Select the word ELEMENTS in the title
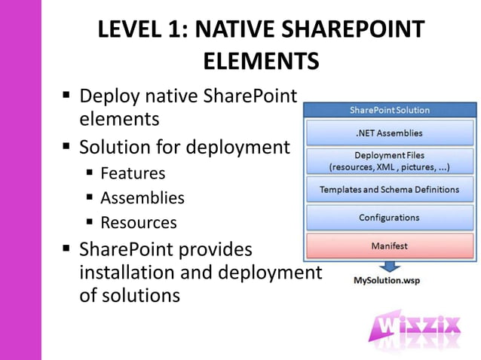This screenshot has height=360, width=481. click(x=261, y=61)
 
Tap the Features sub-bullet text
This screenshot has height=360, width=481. click(x=133, y=173)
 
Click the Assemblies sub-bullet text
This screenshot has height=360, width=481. click(x=142, y=198)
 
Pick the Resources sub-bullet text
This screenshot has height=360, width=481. click(x=139, y=223)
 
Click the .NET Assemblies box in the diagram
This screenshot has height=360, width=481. click(x=389, y=134)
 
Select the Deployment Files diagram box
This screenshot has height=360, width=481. click(x=389, y=160)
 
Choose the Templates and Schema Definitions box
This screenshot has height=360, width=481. click(x=389, y=190)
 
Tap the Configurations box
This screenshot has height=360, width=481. click(x=389, y=218)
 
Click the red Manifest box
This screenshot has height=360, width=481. click(x=389, y=246)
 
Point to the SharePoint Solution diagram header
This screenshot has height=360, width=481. click(x=389, y=110)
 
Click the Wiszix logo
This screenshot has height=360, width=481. click(x=415, y=329)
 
